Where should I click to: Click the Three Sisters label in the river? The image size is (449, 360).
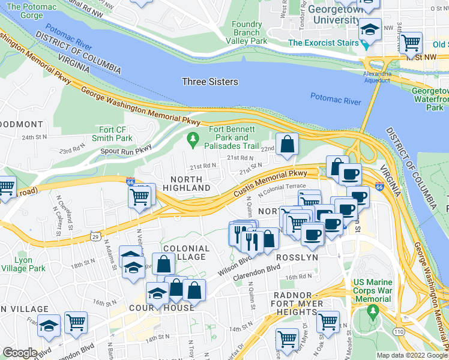pyautogui.click(x=210, y=82)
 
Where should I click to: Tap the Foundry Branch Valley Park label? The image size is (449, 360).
pyautogui.click(x=247, y=32)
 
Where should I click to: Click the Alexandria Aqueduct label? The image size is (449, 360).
pyautogui.click(x=378, y=76)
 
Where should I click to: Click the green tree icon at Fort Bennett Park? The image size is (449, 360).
pyautogui.click(x=193, y=141)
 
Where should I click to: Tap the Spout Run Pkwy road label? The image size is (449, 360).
pyautogui.click(x=127, y=152)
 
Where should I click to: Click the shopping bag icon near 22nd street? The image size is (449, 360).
pyautogui.click(x=288, y=145)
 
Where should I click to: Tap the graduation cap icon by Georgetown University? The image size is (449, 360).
pyautogui.click(x=370, y=28)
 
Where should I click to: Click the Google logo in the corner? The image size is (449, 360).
pyautogui.click(x=20, y=353)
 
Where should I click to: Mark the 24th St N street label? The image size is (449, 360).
pyautogui.click(x=34, y=137)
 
